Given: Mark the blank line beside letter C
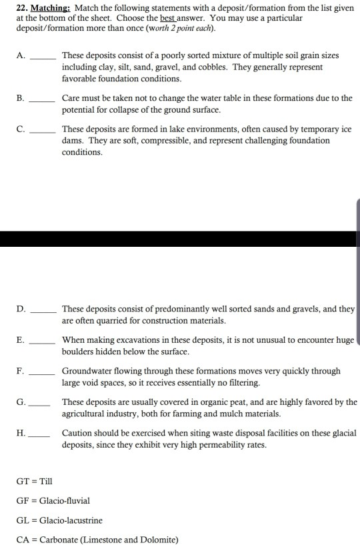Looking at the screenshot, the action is pos(45,132).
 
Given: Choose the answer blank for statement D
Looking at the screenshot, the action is pos(45,312).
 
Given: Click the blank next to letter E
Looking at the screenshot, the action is pos(45,343).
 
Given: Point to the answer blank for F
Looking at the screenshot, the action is pos(45,374).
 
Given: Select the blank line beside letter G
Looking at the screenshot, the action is pos(41,405).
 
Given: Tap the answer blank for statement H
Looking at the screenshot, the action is pos(41,436).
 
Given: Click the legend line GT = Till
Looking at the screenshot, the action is pos(34,481).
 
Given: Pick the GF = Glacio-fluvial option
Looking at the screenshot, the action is pos(53,500).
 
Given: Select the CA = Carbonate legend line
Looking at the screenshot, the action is pos(97,540).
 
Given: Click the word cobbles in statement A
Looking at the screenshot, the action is pos(212,67).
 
